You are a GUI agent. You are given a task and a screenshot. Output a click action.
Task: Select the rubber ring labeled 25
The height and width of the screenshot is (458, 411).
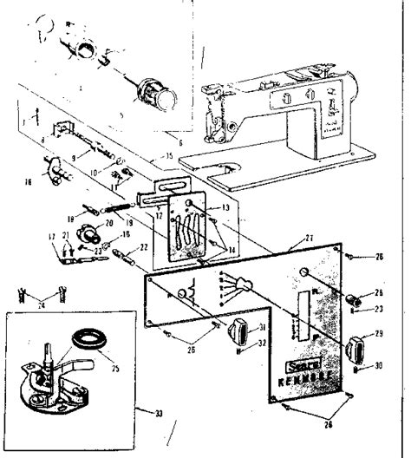[87, 337]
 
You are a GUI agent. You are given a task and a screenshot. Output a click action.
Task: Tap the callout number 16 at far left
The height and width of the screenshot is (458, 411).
[28, 181]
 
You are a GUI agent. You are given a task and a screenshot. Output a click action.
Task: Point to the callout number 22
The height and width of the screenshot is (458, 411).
[144, 247]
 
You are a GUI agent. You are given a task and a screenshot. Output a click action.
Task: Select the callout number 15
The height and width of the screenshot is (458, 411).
[169, 156]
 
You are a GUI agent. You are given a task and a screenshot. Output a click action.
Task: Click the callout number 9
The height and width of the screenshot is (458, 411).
[74, 156]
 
